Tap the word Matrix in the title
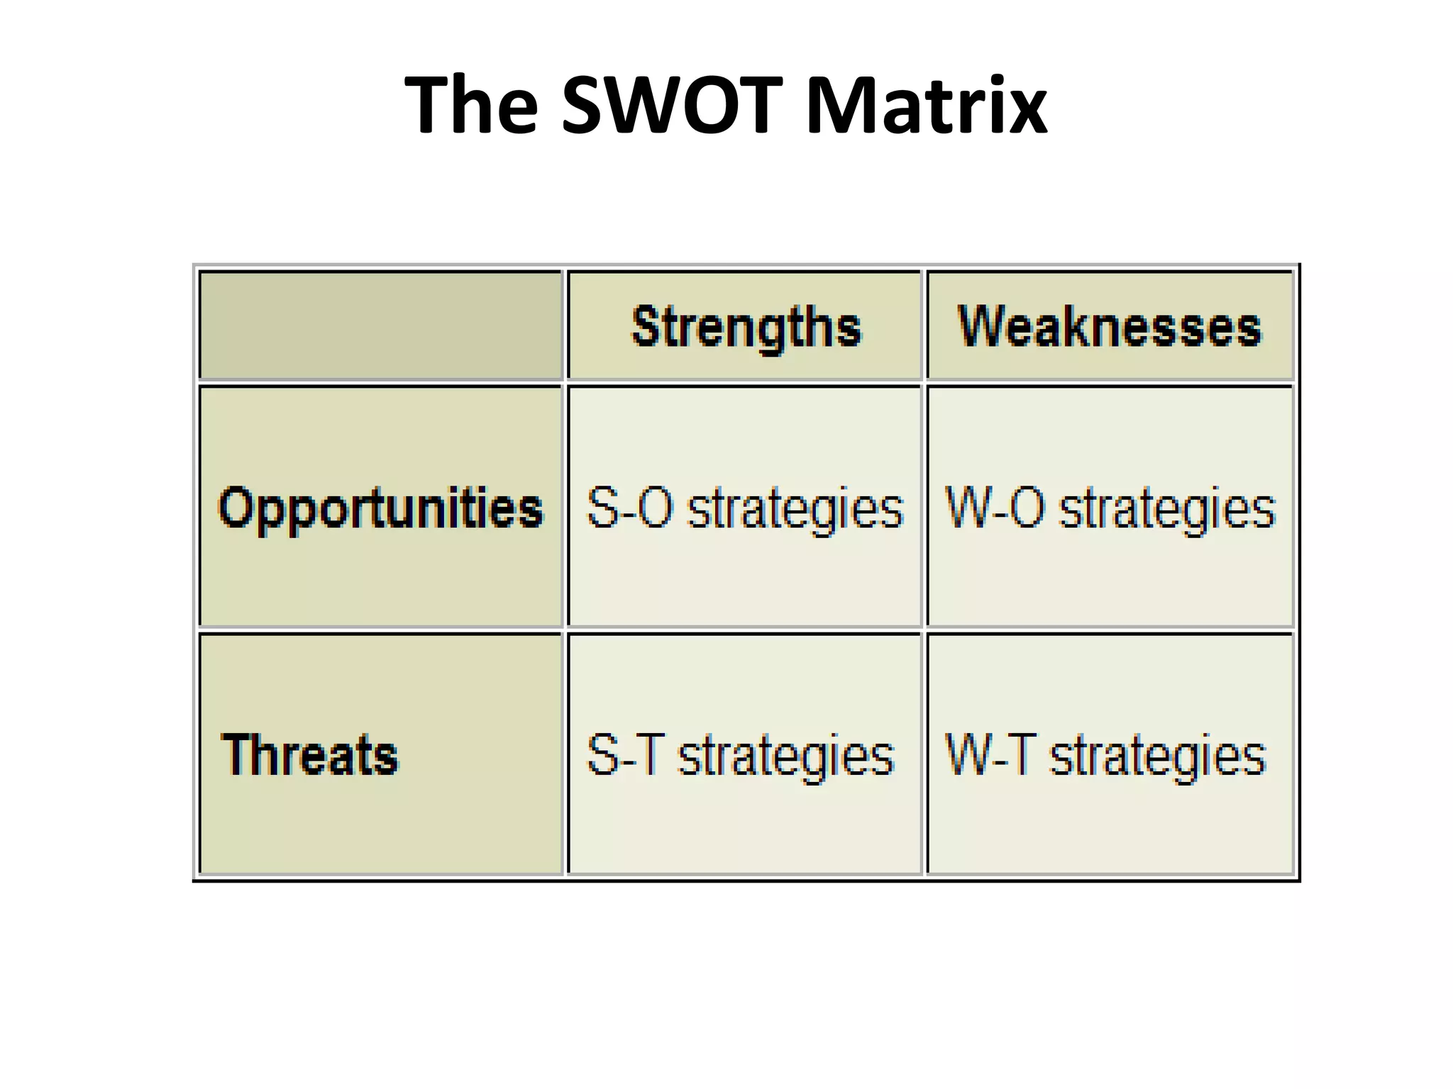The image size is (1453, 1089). point(926,106)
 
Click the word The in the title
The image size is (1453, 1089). point(471,106)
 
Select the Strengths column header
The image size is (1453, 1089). point(746,327)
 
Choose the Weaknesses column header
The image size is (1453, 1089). point(1110,327)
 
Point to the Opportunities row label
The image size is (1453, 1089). point(380,508)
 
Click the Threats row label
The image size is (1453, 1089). point(310,754)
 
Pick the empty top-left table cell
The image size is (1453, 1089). point(380,325)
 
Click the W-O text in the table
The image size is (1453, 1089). point(995,508)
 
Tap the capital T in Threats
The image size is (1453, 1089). point(236,754)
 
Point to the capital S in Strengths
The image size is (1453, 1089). point(646,327)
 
